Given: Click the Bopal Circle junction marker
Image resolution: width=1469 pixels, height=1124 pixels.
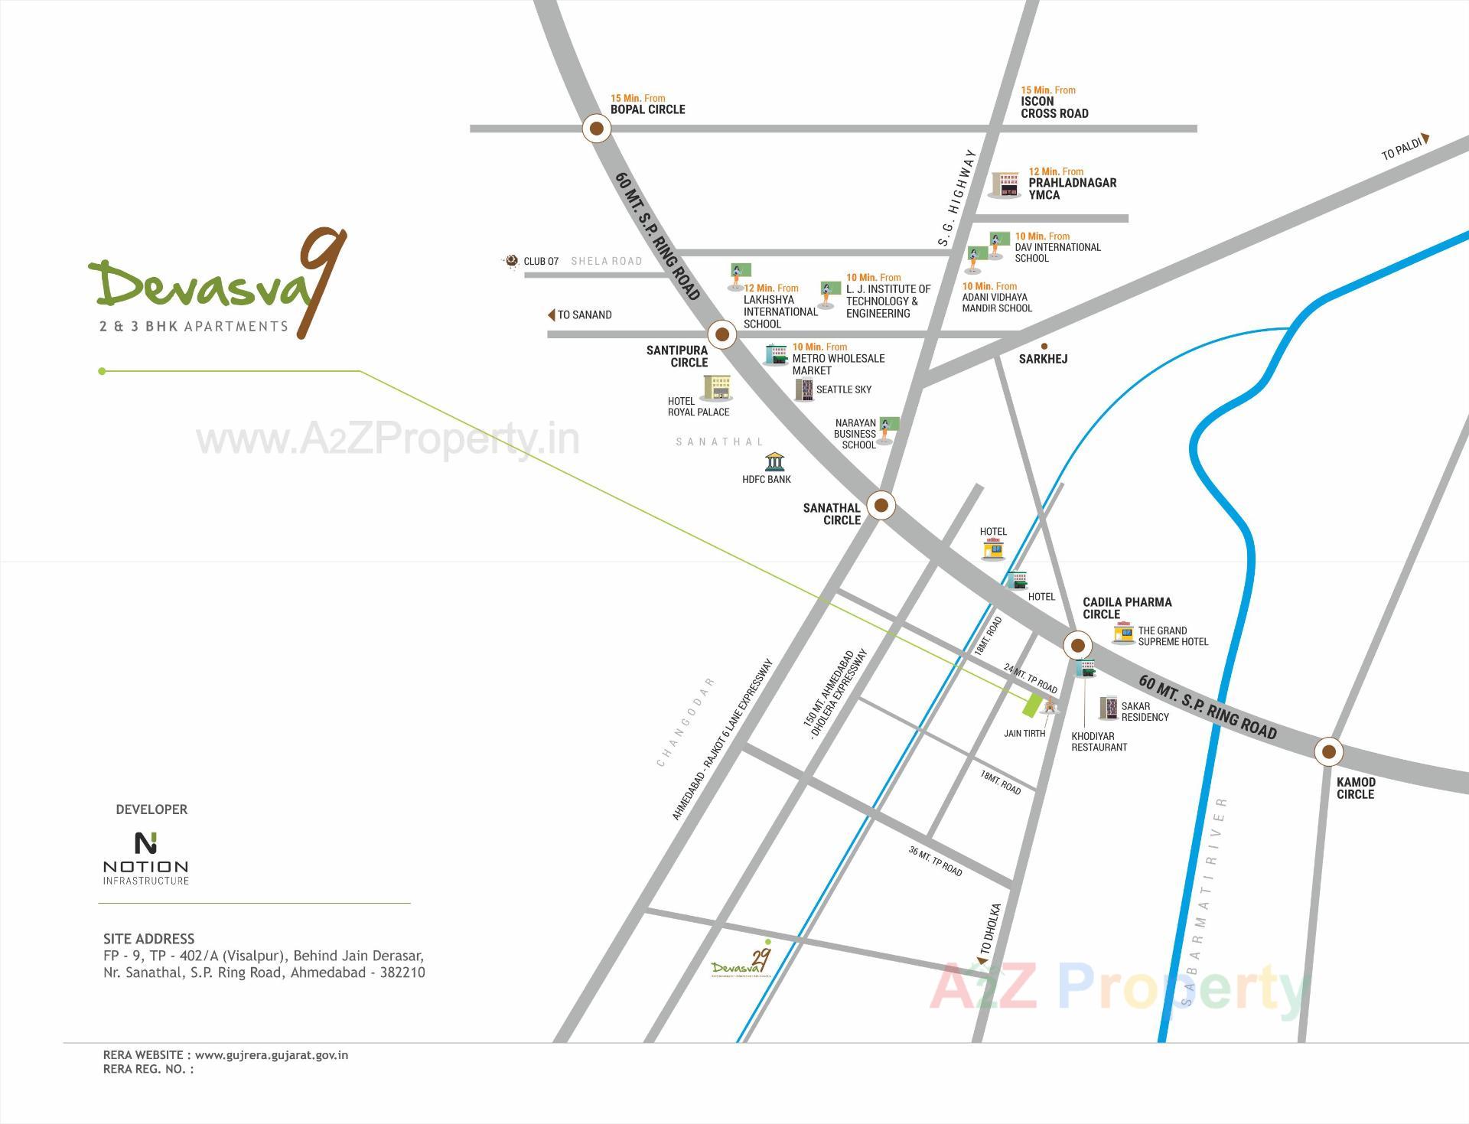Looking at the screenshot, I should (597, 129).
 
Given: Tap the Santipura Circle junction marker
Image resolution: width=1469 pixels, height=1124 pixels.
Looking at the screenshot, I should (721, 334).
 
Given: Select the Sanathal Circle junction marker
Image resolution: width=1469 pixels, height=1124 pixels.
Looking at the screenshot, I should (881, 505).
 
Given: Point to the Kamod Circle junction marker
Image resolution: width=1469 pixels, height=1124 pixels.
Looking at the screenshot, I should (1328, 751).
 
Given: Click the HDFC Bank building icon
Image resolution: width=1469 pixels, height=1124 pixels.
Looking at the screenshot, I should (774, 462).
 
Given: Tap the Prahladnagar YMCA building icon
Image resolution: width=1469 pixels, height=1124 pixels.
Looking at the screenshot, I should (1006, 184).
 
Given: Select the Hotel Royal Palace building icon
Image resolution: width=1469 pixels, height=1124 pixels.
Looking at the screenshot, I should (717, 388).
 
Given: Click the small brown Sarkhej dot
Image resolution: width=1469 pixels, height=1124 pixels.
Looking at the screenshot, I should (1044, 347).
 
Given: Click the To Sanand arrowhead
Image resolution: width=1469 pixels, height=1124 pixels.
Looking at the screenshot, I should (551, 315).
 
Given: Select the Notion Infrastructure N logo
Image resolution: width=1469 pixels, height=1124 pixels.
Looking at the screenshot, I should (145, 842).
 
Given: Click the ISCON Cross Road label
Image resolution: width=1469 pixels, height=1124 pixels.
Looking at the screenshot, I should (1054, 107).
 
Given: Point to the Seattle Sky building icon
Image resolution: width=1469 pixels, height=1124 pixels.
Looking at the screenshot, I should (803, 390).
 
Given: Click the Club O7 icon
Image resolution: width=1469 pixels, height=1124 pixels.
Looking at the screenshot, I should (511, 262).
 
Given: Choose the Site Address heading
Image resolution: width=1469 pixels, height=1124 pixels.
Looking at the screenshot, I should (149, 939).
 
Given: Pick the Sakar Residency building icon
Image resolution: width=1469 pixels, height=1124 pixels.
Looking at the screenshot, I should (1108, 709).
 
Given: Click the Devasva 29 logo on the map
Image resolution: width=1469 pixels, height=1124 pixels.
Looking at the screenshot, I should (740, 963).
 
